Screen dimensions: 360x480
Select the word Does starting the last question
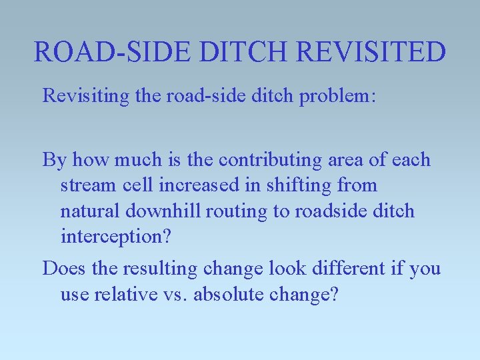pos(63,269)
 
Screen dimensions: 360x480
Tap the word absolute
pos(225,295)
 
